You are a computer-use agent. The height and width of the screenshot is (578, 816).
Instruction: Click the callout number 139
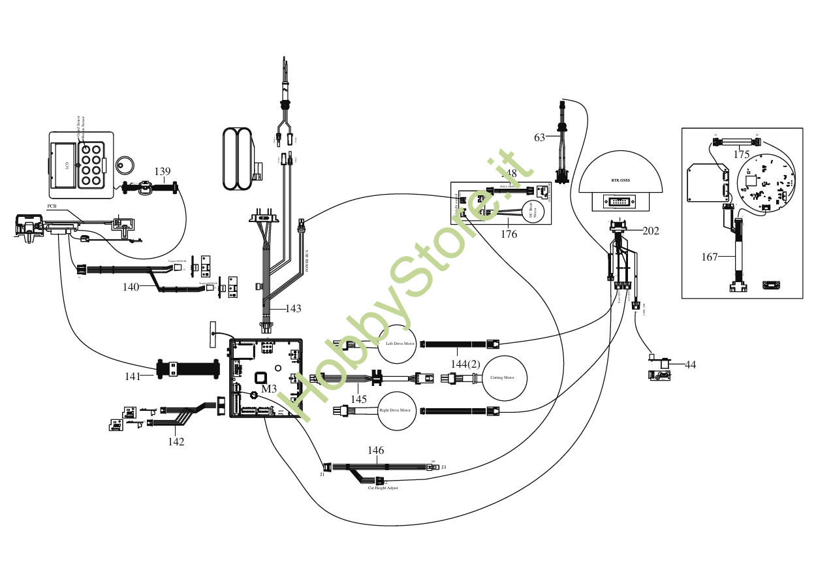pyautogui.click(x=163, y=172)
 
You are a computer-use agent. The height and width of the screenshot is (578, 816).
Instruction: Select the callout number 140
pyautogui.click(x=131, y=286)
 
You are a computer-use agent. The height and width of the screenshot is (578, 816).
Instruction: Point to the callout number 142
pyautogui.click(x=176, y=442)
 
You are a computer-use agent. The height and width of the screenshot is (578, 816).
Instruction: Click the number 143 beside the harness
pyautogui.click(x=293, y=308)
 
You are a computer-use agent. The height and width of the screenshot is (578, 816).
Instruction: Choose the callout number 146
pyautogui.click(x=375, y=450)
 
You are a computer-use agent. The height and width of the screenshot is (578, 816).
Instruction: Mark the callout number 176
pyautogui.click(x=509, y=233)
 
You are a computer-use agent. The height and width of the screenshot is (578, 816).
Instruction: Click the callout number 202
pyautogui.click(x=651, y=231)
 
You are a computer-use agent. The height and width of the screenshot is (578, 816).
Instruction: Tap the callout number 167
pyautogui.click(x=710, y=257)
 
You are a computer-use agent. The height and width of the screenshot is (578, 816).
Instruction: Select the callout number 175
pyautogui.click(x=742, y=155)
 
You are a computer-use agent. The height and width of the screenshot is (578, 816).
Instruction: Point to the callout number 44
pyautogui.click(x=690, y=364)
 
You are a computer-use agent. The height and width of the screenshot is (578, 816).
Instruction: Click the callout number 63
pyautogui.click(x=540, y=137)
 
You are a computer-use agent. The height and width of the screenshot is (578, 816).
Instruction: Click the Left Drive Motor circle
pyautogui.click(x=398, y=344)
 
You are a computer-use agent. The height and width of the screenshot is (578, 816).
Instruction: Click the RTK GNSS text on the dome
pyautogui.click(x=621, y=180)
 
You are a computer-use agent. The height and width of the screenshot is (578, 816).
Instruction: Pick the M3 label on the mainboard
pyautogui.click(x=269, y=389)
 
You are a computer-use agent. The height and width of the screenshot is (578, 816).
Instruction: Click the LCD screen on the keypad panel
pyautogui.click(x=63, y=165)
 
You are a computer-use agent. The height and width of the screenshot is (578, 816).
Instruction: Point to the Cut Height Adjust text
pyautogui.click(x=383, y=488)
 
